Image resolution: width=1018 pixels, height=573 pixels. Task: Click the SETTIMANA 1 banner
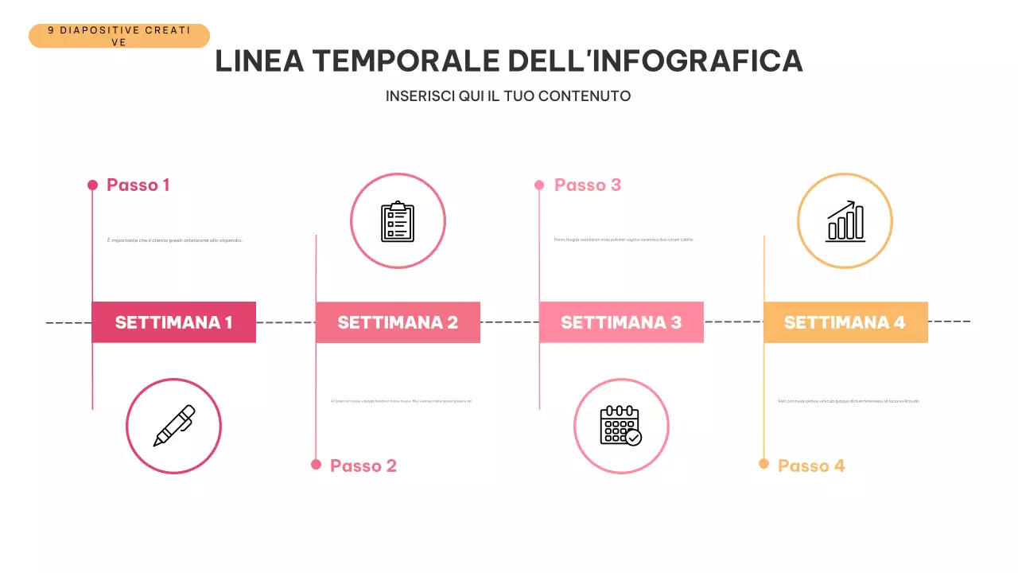pos(173,322)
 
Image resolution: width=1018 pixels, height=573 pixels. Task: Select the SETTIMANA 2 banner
pos(398,322)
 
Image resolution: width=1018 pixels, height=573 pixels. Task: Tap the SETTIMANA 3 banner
pos(621,322)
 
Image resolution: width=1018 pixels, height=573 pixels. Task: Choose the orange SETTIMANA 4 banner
pos(845,322)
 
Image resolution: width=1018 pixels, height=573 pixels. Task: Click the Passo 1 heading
pos(138,185)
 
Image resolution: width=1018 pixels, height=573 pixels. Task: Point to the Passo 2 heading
pos(363,466)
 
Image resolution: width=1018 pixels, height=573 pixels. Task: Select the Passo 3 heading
pos(588,185)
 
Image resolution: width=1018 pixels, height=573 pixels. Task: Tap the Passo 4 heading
pos(811,466)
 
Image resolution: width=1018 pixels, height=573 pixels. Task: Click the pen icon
pos(173,426)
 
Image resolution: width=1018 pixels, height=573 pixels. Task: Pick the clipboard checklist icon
pos(398,221)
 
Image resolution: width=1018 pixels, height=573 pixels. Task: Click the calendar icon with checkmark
pos(620,426)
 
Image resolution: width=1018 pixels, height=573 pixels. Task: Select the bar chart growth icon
pos(845,221)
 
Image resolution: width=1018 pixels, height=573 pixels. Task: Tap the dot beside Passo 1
pos(92,185)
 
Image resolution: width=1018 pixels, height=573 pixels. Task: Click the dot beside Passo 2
pos(317,465)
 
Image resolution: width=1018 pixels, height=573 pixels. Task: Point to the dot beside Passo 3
pos(539,185)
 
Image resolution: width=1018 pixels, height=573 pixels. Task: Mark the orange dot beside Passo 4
pos(763,464)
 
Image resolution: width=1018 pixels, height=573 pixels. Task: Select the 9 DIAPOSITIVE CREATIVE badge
pos(119,36)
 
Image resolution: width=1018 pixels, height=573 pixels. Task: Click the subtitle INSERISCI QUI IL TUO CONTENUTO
pos(508,96)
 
